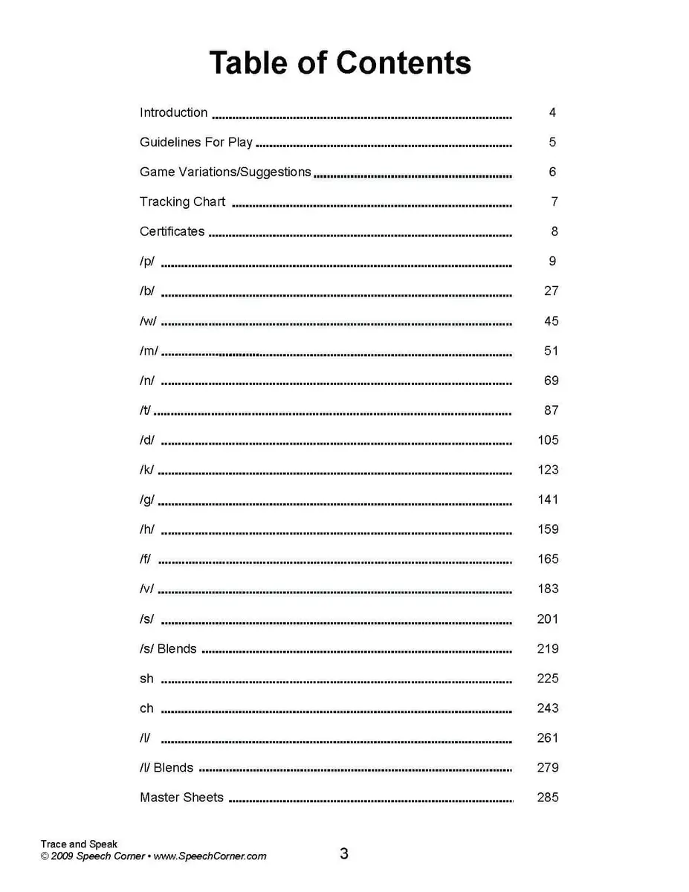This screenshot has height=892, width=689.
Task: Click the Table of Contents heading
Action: click(340, 62)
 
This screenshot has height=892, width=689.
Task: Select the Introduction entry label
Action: click(173, 113)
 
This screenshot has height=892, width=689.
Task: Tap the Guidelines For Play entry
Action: click(196, 143)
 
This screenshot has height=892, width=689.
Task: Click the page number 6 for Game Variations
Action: click(552, 172)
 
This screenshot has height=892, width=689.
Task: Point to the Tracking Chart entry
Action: click(182, 202)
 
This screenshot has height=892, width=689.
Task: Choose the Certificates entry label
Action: click(172, 232)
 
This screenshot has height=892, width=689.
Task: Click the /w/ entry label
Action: click(148, 321)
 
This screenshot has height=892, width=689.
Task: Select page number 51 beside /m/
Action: click(551, 351)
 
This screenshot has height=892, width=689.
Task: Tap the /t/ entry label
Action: click(145, 410)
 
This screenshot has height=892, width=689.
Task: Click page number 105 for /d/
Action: click(548, 440)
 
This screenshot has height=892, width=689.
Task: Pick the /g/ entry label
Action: click(147, 500)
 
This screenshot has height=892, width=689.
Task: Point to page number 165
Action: click(548, 559)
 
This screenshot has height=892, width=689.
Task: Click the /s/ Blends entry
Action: click(168, 649)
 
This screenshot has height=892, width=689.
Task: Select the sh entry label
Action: click(146, 679)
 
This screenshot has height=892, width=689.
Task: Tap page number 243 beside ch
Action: click(548, 708)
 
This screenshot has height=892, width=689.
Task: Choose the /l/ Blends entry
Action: click(166, 768)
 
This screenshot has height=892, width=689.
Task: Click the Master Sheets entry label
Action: click(181, 798)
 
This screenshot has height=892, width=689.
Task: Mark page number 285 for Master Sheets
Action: click(548, 798)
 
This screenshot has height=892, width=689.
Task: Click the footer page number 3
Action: click(344, 854)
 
